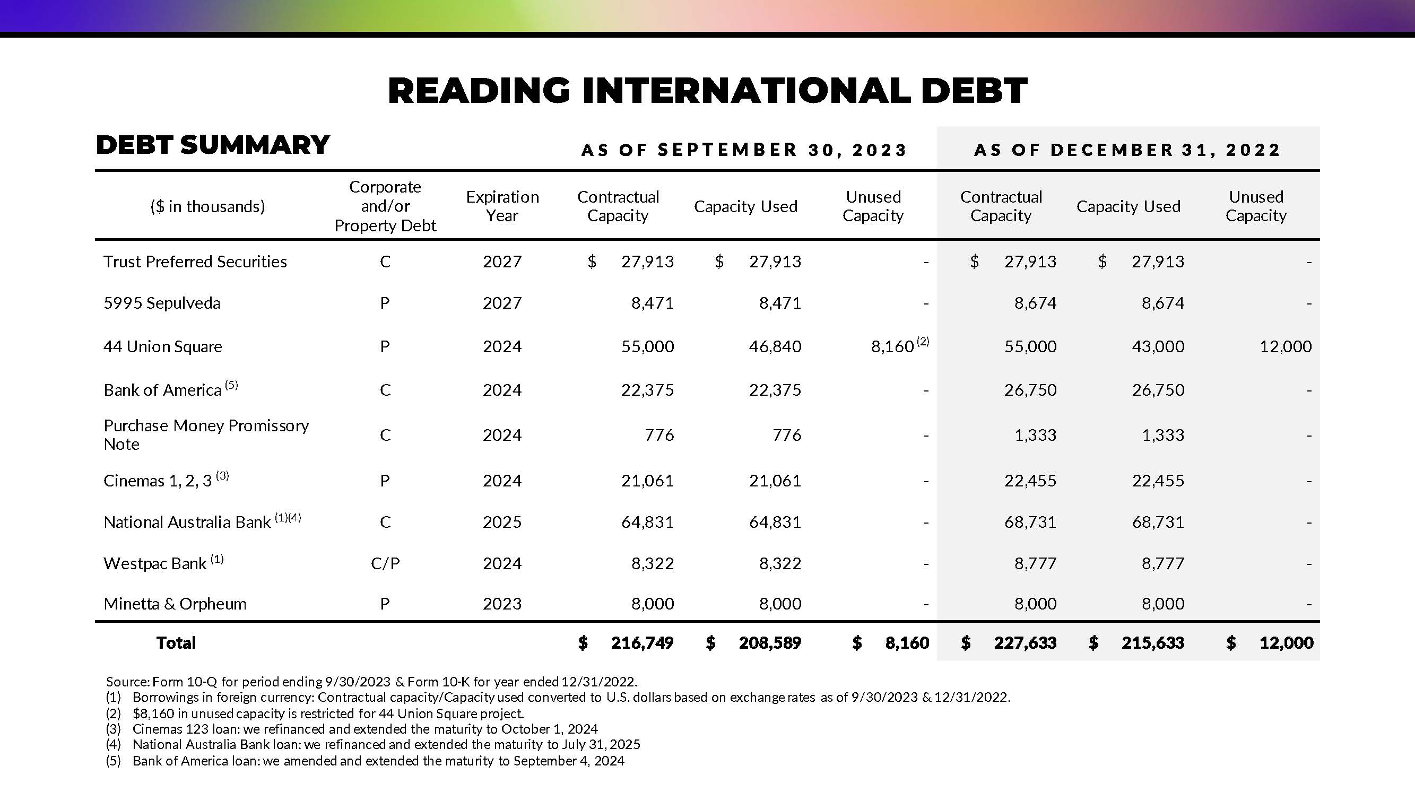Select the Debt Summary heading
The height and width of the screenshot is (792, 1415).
click(213, 145)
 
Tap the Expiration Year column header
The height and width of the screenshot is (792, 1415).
click(502, 206)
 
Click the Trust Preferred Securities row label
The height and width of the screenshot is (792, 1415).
click(195, 262)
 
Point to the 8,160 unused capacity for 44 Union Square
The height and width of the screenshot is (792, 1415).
click(892, 346)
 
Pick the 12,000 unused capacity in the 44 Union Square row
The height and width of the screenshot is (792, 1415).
click(1285, 346)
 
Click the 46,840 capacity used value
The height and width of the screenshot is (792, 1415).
click(775, 346)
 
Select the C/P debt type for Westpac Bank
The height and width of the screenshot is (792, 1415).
click(385, 563)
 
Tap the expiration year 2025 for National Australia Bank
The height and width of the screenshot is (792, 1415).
click(502, 522)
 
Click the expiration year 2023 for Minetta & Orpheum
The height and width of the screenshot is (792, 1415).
click(502, 604)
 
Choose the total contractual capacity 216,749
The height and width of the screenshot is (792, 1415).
click(641, 642)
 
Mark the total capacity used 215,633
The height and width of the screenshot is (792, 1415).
click(1152, 642)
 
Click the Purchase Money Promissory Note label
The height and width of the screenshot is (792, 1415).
click(206, 434)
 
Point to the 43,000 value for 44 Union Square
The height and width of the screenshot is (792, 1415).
click(1157, 346)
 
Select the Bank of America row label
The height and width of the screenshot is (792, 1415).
click(162, 390)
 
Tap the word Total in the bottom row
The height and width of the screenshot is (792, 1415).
click(176, 642)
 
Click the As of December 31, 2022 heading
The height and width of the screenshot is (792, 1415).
click(1127, 150)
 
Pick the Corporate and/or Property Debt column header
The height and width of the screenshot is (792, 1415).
click(385, 206)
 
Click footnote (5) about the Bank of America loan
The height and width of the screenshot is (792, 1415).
click(365, 761)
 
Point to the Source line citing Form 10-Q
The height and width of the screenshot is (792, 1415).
click(371, 682)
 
